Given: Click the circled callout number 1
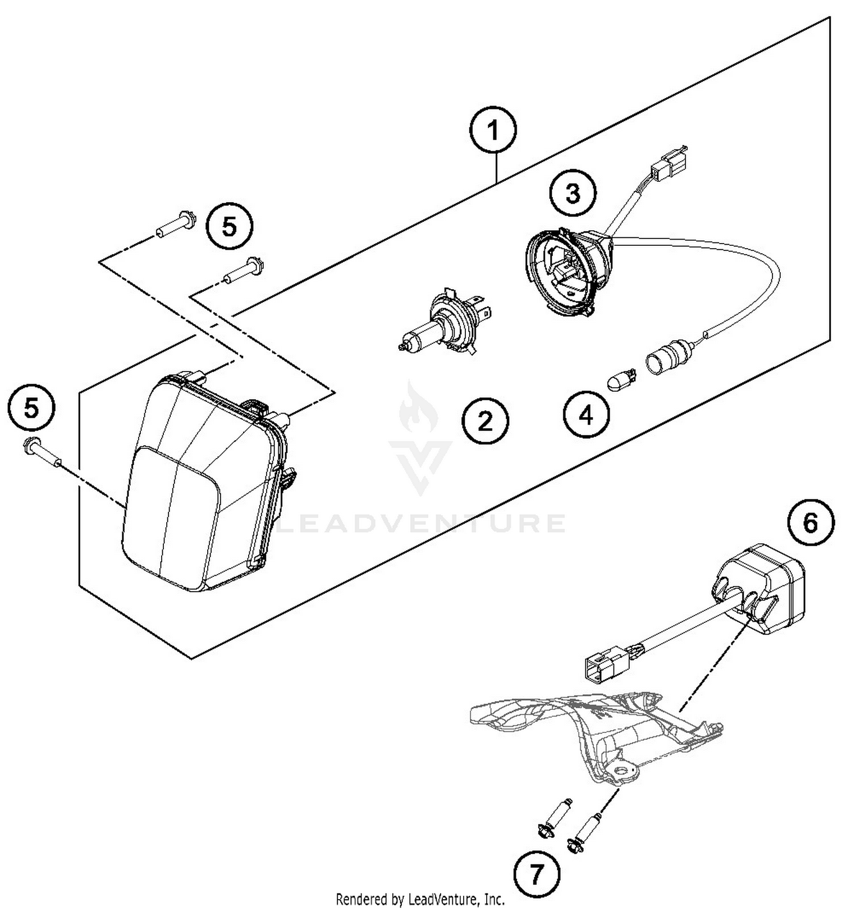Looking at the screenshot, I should click(493, 131).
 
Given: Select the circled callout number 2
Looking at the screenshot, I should click(485, 420).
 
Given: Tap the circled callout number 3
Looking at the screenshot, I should click(572, 194).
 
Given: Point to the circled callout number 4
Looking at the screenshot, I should click(586, 416).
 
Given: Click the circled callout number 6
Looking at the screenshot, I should click(810, 523).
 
